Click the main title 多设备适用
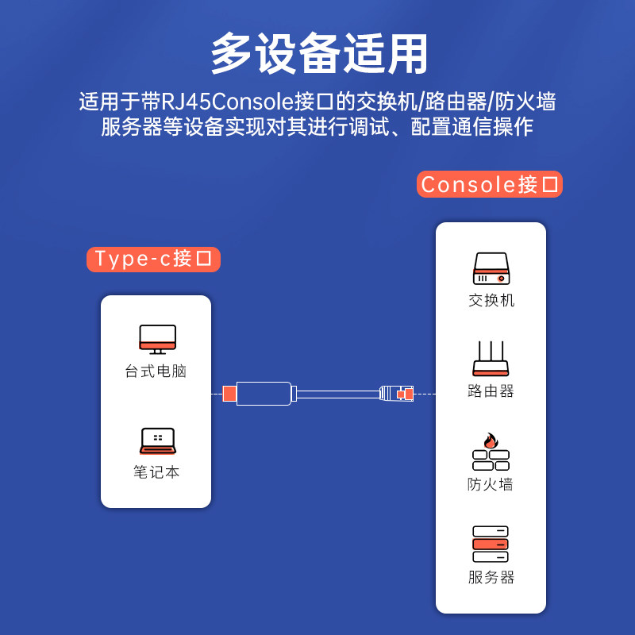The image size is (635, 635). coord(319,53)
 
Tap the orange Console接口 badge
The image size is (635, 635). coord(490,184)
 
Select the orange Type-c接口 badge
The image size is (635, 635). coord(153,260)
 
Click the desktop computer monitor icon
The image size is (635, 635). coord(157,340)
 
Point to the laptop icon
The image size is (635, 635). coord(158,441)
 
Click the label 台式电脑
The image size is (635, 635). coord(156,371)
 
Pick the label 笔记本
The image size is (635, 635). coord(156,472)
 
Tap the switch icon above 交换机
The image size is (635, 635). coord(491,268)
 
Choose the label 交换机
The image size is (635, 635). coord(491,301)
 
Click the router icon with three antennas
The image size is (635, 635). coord(491,359)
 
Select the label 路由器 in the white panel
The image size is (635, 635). coord(491,391)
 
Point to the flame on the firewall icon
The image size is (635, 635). coord(491,441)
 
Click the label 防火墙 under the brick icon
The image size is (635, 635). coord(491,484)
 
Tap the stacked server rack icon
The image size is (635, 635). coord(491,544)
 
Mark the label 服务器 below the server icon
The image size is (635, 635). coord(491,577)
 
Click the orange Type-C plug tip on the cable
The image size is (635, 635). coord(229,394)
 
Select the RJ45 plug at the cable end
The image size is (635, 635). coord(396,393)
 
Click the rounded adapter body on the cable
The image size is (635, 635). coord(264,393)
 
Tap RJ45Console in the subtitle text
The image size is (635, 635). coord(227,102)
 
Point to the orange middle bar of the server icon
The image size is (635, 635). coord(491,544)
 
